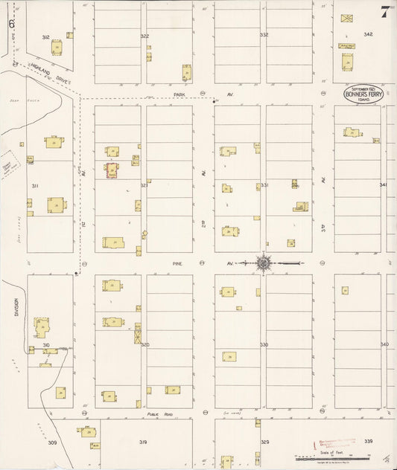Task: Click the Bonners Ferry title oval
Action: click(x=361, y=94)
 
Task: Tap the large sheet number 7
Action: click(x=385, y=12)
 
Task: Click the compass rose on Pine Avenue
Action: click(x=265, y=263)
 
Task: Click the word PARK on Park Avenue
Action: click(x=178, y=94)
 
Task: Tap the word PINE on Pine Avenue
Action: click(x=177, y=263)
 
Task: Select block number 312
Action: click(x=45, y=36)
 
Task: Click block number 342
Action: click(x=368, y=35)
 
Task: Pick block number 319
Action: click(x=143, y=442)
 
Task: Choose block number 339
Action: click(x=368, y=442)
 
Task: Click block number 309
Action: click(x=52, y=442)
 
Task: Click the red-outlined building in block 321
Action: click(x=112, y=170)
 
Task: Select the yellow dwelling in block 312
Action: click(x=57, y=47)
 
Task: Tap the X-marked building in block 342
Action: click(x=347, y=16)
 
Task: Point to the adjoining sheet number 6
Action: click(x=12, y=23)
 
